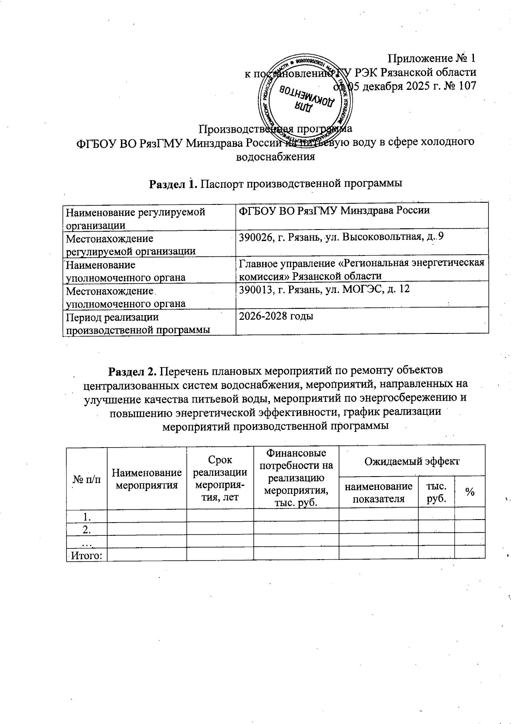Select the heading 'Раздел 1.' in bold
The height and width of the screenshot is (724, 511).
(x=173, y=184)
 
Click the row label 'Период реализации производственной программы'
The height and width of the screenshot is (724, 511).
(x=138, y=323)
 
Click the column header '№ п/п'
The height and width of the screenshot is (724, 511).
(x=87, y=480)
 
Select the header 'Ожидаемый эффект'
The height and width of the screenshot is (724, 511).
(x=411, y=461)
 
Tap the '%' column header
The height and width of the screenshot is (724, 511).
(x=470, y=492)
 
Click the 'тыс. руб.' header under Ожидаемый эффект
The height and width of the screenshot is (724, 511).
(x=436, y=492)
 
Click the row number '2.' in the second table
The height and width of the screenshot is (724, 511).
(x=87, y=530)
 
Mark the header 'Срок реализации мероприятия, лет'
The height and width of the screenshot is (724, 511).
(x=220, y=478)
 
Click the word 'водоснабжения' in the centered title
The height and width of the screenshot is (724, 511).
(x=275, y=156)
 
